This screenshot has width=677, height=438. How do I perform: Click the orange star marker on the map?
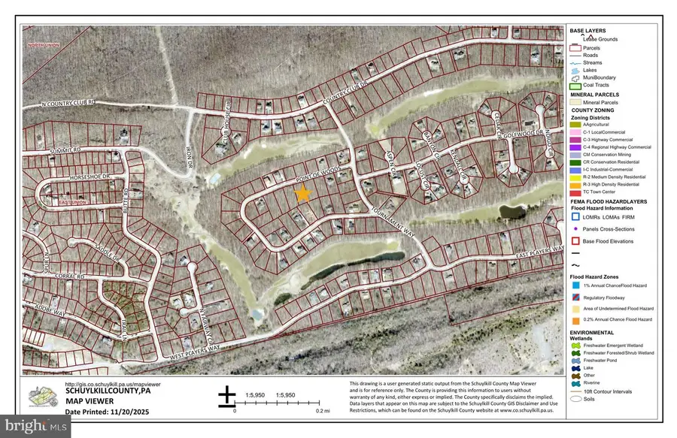tap(302, 194)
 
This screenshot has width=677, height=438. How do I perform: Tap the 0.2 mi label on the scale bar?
tap(322, 412)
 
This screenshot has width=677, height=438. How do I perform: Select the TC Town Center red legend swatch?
tap(575, 191)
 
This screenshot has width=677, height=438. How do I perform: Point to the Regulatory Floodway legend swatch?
tap(575, 298)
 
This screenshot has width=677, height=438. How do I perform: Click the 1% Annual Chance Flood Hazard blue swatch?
tap(575, 285)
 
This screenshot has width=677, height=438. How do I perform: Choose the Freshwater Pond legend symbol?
tap(575, 360)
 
